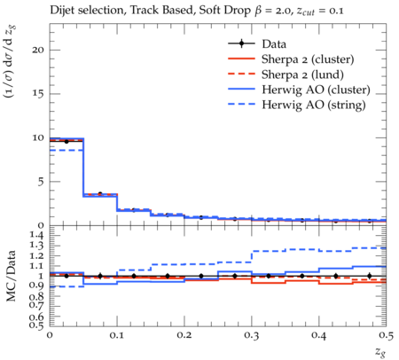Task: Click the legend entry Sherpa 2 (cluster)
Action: click(x=308, y=59)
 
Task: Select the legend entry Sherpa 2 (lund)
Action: click(x=302, y=74)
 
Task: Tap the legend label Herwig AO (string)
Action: click(x=314, y=105)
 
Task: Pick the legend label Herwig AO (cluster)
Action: click(x=316, y=90)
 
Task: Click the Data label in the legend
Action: click(x=274, y=44)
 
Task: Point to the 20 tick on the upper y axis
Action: click(x=38, y=50)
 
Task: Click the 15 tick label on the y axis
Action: click(x=38, y=94)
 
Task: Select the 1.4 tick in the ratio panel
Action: click(x=36, y=236)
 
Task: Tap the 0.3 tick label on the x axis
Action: click(x=252, y=335)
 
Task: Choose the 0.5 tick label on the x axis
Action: click(x=386, y=335)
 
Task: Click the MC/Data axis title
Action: click(x=11, y=276)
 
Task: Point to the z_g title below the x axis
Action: click(x=380, y=352)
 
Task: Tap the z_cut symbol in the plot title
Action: click(x=306, y=12)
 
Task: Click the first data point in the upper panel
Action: click(x=66, y=142)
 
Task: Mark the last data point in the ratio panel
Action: click(x=369, y=276)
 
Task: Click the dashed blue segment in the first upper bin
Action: click(x=66, y=151)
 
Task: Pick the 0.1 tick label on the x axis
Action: click(x=117, y=335)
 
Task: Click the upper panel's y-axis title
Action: click(x=11, y=62)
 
